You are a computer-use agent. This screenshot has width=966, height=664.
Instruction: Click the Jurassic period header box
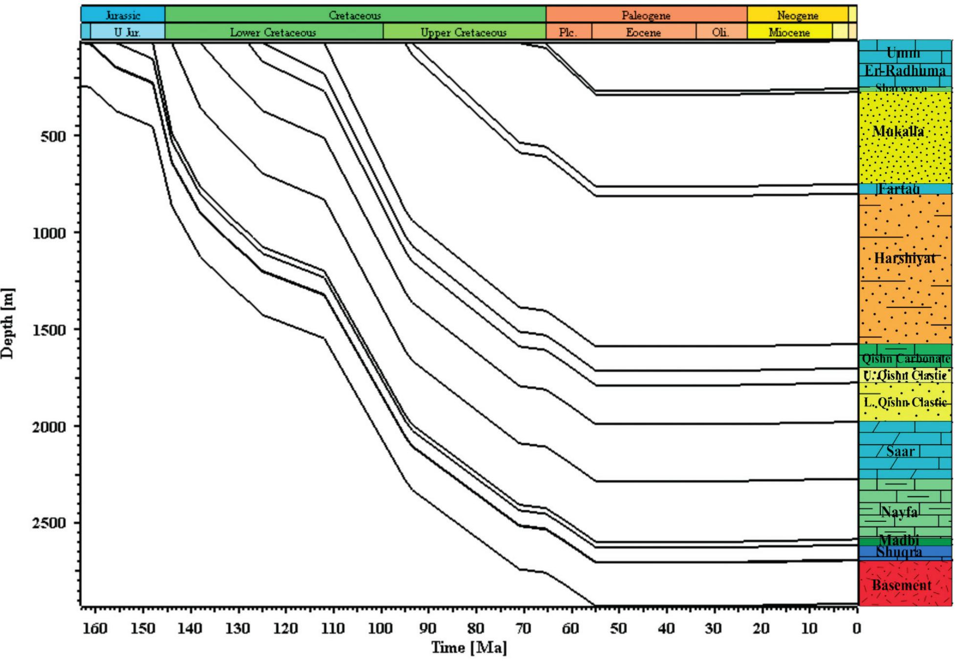(123, 15)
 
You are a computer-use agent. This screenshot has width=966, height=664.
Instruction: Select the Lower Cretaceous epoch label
(273, 33)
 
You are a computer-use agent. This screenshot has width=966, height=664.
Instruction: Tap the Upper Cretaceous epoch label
(464, 33)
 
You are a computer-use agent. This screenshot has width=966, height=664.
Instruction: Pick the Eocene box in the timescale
(643, 33)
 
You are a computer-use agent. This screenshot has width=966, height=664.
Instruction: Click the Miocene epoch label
(789, 33)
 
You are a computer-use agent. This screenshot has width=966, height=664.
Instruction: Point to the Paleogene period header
(646, 15)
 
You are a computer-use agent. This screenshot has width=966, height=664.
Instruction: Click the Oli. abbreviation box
(720, 33)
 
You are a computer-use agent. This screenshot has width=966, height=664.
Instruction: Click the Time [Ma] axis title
(469, 648)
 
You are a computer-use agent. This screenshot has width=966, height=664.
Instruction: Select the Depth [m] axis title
(8, 323)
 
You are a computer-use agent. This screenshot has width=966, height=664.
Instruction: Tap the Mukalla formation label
(899, 131)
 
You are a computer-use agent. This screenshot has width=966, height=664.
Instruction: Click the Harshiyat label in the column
(904, 258)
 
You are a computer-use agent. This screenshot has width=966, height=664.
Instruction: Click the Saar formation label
(900, 451)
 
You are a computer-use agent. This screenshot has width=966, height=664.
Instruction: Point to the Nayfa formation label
(899, 512)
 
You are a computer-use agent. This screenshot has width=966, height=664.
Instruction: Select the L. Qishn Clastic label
(905, 403)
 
